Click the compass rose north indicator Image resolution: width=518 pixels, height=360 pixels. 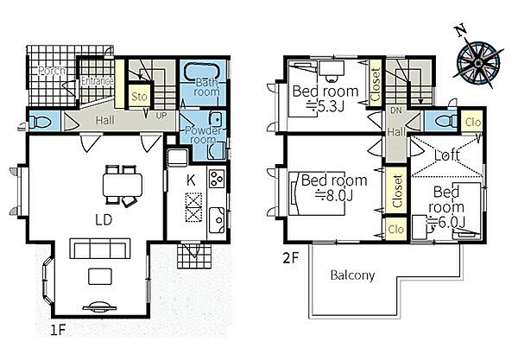461,30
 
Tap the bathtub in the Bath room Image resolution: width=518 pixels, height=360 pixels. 203,71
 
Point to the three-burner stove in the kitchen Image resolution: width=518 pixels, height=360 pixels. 217,179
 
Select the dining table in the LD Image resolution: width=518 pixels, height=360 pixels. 123,185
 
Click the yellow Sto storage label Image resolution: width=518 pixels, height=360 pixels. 139,97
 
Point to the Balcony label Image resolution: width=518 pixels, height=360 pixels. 352,275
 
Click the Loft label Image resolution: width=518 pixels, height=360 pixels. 446,155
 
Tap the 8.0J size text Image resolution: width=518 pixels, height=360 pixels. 333,196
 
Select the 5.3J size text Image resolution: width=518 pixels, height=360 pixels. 325,106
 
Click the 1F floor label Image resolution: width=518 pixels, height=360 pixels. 58,330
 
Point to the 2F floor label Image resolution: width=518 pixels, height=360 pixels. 291,258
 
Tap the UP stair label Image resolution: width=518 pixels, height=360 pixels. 161,116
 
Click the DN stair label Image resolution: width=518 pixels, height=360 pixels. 395,111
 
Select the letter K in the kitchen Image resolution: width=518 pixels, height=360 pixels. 191,180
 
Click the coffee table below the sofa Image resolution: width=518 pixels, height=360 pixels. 100,276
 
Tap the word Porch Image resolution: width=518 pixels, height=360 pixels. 52,71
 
